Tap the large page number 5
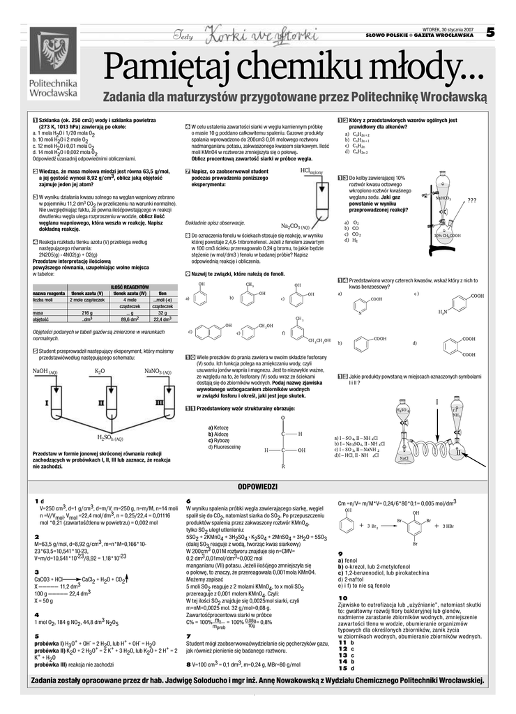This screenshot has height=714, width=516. (490, 32)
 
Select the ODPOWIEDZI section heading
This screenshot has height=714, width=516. (258, 487)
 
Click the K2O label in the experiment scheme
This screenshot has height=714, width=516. (100, 372)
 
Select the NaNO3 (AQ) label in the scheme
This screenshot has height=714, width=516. (158, 372)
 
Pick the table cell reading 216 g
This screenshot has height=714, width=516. (87, 313)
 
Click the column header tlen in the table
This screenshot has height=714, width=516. (162, 294)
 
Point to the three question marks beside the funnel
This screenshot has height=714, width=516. (472, 201)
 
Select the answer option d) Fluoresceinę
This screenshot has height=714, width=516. (224, 446)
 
